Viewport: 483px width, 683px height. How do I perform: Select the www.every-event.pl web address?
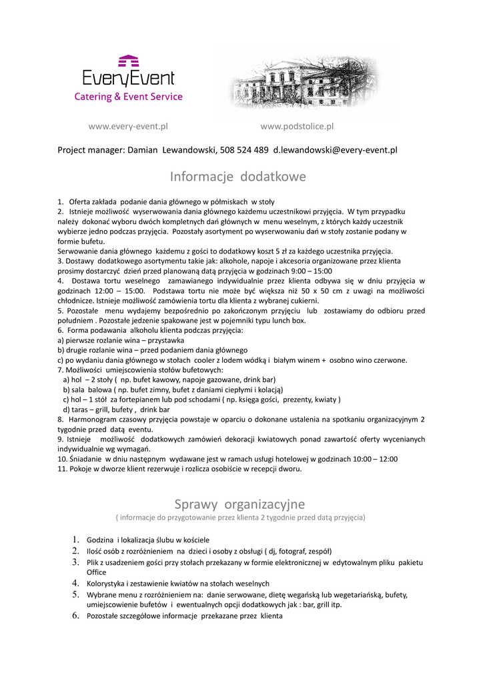[128, 126]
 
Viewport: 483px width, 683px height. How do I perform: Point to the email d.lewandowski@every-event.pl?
[335, 150]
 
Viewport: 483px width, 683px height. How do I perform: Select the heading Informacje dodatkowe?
[237, 177]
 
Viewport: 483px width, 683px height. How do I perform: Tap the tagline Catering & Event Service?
[128, 97]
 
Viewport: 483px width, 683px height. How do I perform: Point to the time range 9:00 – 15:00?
[311, 271]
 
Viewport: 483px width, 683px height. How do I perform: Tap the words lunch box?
[288, 320]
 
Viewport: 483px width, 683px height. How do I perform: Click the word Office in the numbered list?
[97, 572]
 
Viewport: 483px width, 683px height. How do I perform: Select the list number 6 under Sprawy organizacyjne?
[75, 616]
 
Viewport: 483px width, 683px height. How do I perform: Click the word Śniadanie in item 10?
[85, 459]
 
